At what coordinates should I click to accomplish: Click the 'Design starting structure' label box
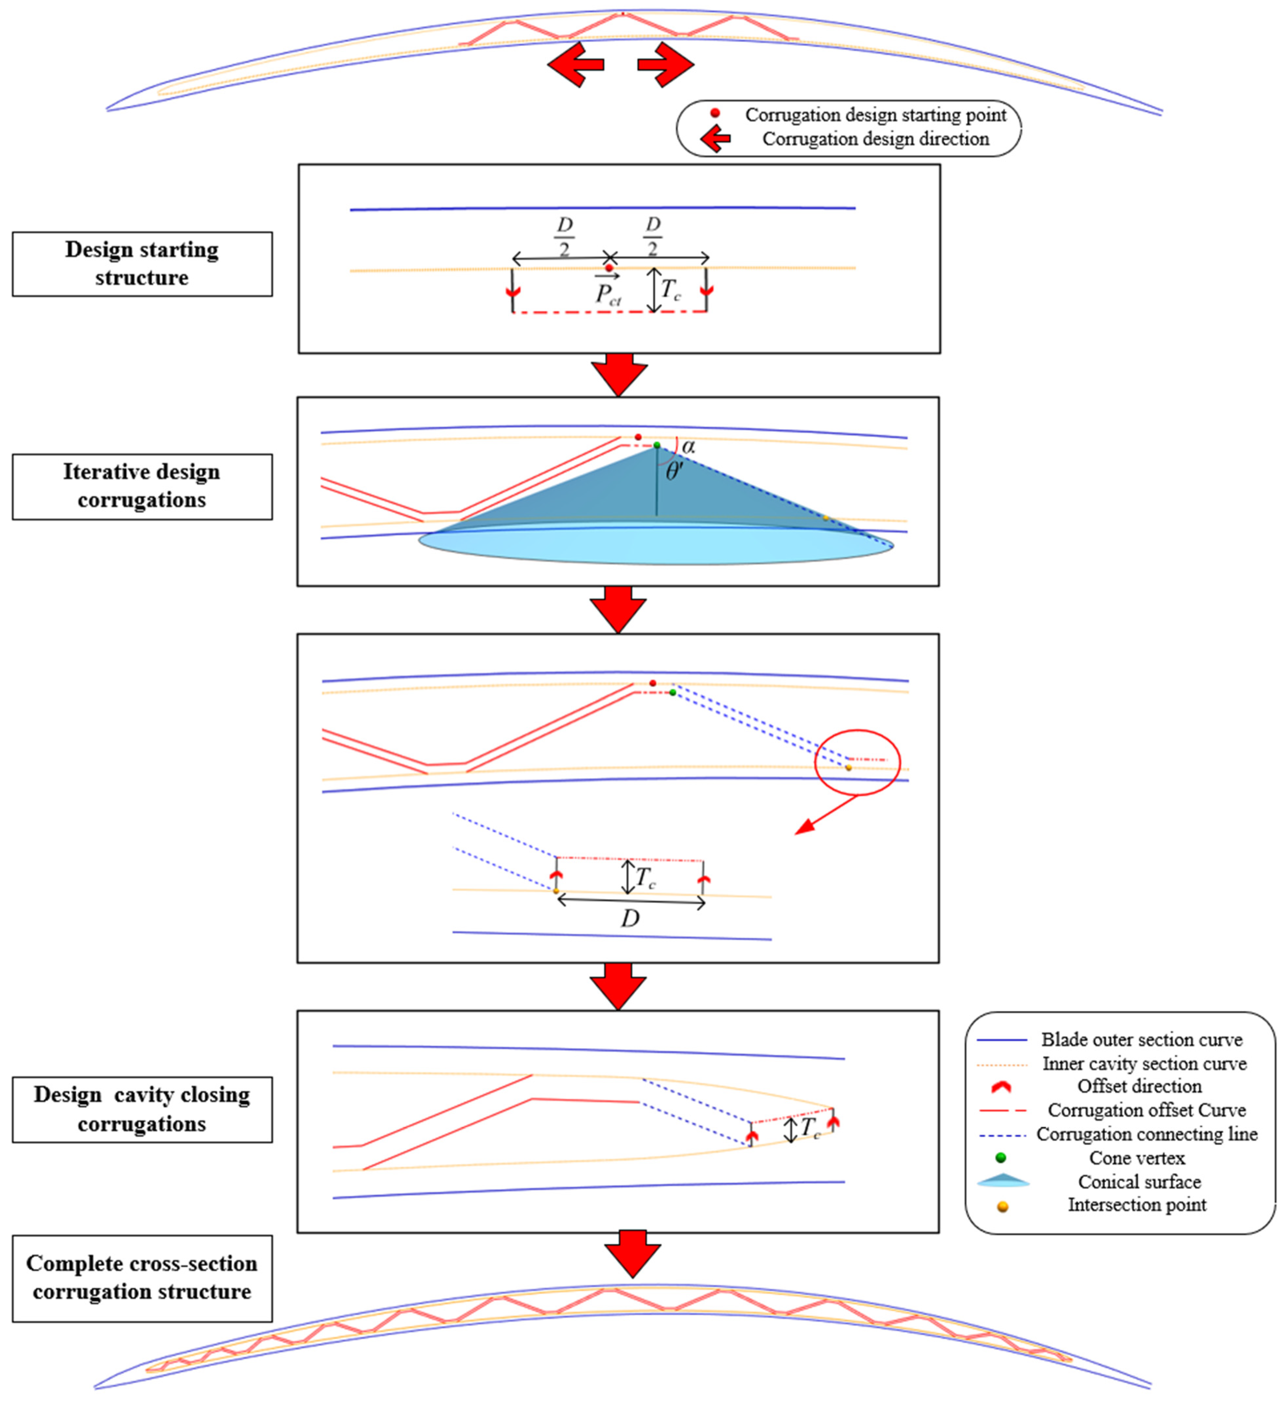[x=142, y=264]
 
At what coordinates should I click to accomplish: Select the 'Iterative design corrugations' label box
[x=142, y=486]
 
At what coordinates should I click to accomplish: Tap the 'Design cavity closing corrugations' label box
[x=142, y=1109]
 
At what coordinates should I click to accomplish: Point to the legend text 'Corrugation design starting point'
[x=875, y=115]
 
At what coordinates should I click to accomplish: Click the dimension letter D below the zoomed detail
[x=630, y=919]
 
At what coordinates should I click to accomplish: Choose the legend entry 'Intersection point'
[x=1137, y=1205]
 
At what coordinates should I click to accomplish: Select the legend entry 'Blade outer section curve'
[x=1141, y=1040]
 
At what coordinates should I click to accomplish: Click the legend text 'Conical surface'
[x=1139, y=1182]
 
